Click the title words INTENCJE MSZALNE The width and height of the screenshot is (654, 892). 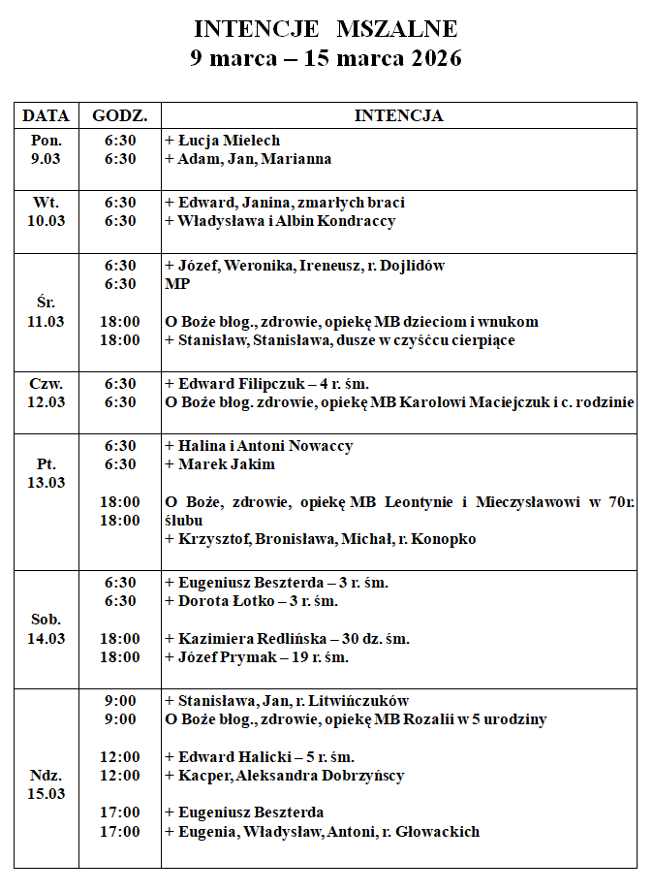point(326,28)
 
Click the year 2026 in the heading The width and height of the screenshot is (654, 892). point(435,58)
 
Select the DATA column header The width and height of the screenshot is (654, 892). point(46,115)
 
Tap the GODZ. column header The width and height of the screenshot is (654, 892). point(120,115)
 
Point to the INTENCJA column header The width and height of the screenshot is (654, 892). point(398,115)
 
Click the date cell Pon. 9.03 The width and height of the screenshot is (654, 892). point(46,149)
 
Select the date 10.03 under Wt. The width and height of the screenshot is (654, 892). point(46,221)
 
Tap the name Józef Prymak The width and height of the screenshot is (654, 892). point(223,657)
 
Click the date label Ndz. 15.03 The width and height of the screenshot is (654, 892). point(46,784)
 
